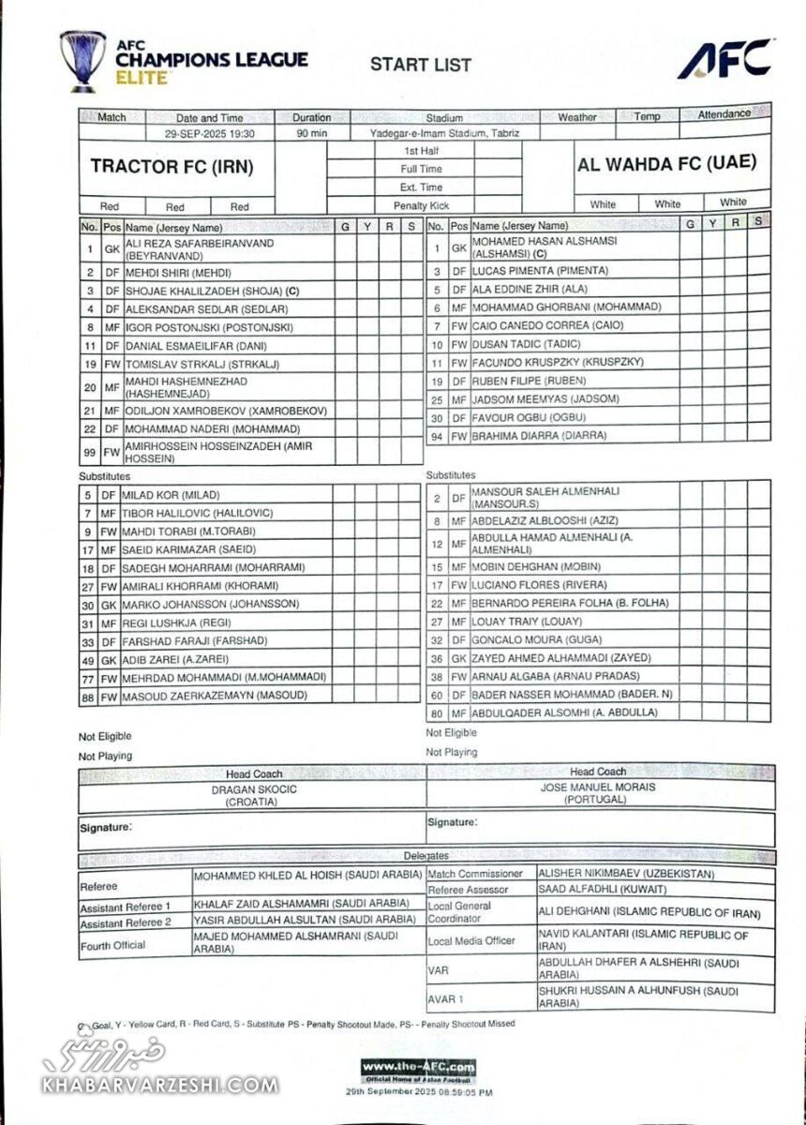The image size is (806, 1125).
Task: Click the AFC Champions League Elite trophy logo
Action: pos(82,61)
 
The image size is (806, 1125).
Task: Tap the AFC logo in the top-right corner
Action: pos(725,59)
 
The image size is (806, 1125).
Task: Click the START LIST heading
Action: pos(420,65)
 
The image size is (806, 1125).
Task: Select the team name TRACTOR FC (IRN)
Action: pos(172,167)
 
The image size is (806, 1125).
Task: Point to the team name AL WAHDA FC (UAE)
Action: pos(666,163)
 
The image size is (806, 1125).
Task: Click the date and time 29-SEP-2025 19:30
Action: pos(210,134)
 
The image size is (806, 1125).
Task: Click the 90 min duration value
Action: pos(311,134)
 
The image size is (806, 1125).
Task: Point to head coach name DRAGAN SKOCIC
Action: pos(253,789)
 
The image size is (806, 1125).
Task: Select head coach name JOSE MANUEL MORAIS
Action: pos(598,787)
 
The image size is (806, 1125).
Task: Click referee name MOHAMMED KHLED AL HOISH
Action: pos(306,876)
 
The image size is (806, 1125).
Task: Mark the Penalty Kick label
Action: pos(421,205)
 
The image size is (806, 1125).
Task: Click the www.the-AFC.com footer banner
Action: pos(418,1068)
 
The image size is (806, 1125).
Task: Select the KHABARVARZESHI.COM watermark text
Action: pos(159,1086)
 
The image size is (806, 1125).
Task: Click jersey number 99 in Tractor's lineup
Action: pos(89,452)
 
